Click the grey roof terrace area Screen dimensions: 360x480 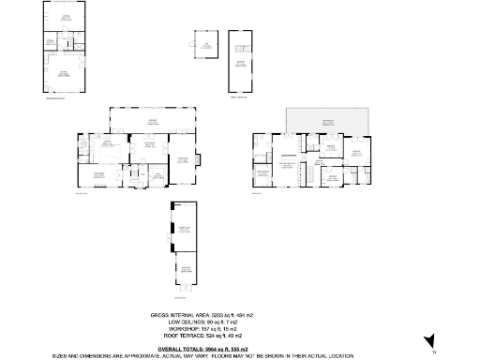tap(327, 119)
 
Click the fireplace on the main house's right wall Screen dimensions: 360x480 tap(196, 157)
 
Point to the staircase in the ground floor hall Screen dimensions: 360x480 tap(132, 173)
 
